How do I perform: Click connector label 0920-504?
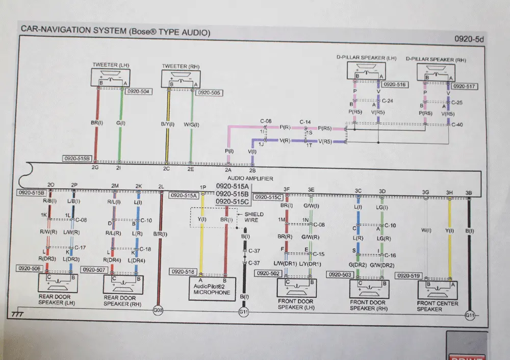point(138,92)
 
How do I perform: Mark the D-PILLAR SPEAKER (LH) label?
point(366,59)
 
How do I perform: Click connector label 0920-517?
point(465,86)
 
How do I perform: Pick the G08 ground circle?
point(159,310)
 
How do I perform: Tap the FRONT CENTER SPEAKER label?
point(437,306)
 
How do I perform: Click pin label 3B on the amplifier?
point(469,192)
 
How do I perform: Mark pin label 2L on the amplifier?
point(161,186)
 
